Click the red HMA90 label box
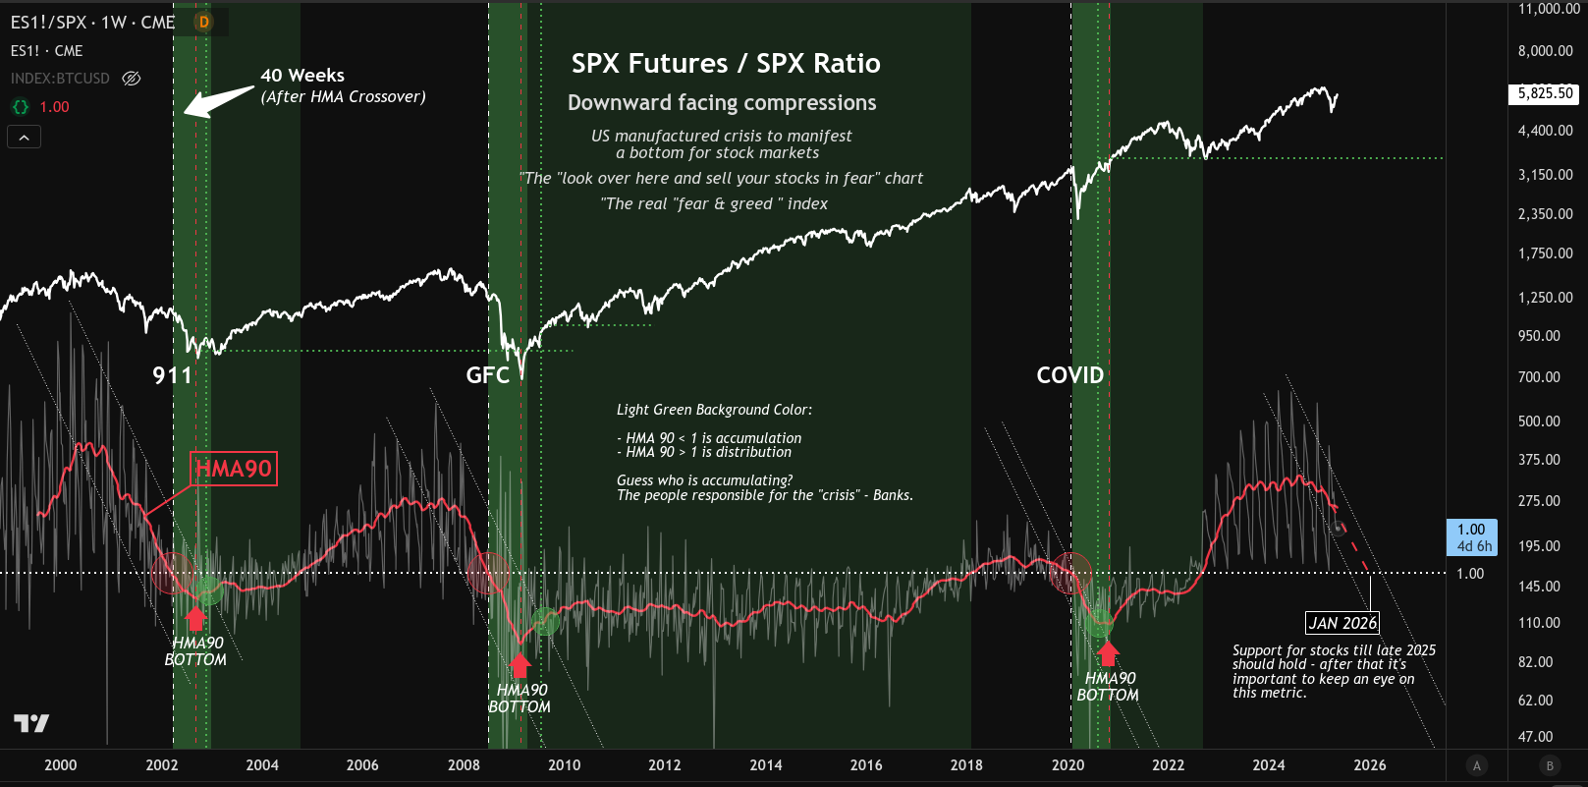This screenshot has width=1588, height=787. [x=234, y=469]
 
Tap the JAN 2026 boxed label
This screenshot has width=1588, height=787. [x=1342, y=623]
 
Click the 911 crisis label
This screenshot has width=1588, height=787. [x=173, y=375]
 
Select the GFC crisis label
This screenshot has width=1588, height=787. [x=488, y=375]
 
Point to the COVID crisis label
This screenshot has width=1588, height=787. [x=1070, y=375]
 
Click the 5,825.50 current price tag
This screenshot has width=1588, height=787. [x=1545, y=93]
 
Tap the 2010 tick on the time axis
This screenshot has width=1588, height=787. [x=564, y=765]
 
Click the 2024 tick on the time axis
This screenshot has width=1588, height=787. [x=1268, y=765]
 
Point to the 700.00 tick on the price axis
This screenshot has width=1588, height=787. [x=1539, y=377]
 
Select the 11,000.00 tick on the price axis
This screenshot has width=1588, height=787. [x=1549, y=9]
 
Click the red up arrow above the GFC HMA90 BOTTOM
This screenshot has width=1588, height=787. [x=520, y=665]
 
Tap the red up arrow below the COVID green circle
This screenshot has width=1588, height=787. [x=1108, y=653]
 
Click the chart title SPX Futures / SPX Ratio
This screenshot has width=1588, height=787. [x=726, y=64]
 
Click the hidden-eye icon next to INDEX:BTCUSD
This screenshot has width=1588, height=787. [x=132, y=79]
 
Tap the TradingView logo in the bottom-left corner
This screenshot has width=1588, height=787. [x=31, y=724]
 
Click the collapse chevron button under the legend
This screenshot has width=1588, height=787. [x=24, y=138]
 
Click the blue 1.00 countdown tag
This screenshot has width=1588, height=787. [x=1471, y=537]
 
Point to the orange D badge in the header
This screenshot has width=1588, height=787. [x=203, y=22]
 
